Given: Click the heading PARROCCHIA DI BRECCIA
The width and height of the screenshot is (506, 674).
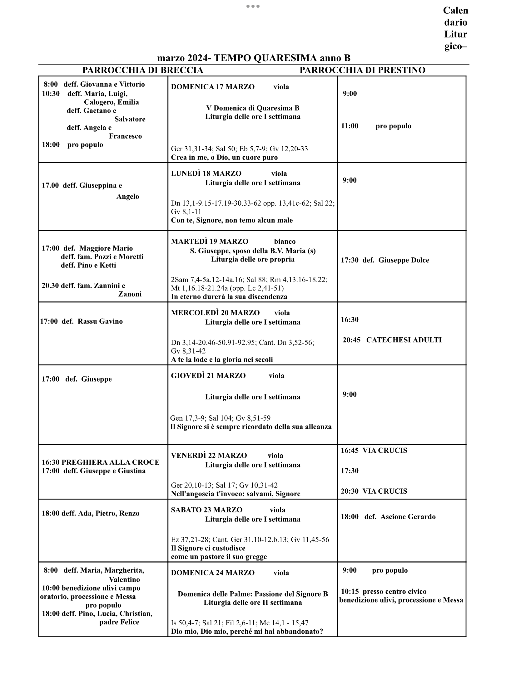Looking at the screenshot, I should pyautogui.click(x=142, y=70).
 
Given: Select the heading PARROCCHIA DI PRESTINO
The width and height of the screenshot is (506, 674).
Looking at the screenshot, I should pyautogui.click(x=362, y=70).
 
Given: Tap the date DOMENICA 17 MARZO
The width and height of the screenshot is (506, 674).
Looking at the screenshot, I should pyautogui.click(x=213, y=87).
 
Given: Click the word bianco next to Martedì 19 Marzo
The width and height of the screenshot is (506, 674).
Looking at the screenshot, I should pyautogui.click(x=285, y=242).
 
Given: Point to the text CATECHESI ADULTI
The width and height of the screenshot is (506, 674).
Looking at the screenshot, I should pyautogui.click(x=404, y=340).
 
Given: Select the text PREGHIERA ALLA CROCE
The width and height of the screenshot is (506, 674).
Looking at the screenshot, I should pyautogui.click(x=110, y=462).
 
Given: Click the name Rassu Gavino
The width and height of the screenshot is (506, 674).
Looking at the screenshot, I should pyautogui.click(x=100, y=321).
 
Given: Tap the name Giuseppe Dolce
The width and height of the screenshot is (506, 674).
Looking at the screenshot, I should pyautogui.click(x=404, y=260).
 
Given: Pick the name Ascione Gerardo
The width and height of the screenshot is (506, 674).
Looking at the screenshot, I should pyautogui.click(x=408, y=517).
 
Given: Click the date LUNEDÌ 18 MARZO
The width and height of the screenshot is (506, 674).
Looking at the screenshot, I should pyautogui.click(x=206, y=173).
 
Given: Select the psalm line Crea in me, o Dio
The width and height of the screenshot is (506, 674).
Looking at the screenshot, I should pyautogui.click(x=224, y=157).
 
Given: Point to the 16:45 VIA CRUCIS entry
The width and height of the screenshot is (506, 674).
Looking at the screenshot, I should pyautogui.click(x=374, y=450).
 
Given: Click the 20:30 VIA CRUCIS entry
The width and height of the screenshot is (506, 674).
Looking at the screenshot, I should pyautogui.click(x=374, y=491).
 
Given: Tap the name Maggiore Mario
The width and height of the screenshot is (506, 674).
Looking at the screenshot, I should pyautogui.click(x=106, y=248).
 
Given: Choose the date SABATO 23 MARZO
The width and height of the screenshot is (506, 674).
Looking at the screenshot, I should pyautogui.click(x=206, y=510).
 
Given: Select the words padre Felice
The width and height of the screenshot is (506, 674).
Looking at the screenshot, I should pyautogui.click(x=119, y=622).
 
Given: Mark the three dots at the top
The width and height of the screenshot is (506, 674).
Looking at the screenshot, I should pyautogui.click(x=253, y=6).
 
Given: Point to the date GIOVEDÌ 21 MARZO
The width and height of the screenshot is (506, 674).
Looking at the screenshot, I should pyautogui.click(x=208, y=376).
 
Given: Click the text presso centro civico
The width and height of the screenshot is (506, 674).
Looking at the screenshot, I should pyautogui.click(x=394, y=591).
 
